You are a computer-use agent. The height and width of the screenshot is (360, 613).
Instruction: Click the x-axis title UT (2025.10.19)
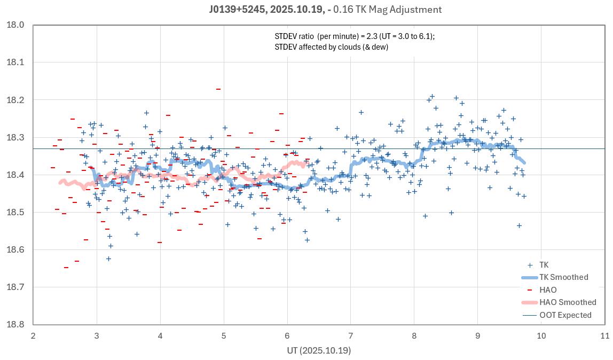click(x=318, y=350)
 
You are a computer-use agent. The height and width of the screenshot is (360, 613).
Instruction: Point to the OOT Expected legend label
click(x=565, y=315)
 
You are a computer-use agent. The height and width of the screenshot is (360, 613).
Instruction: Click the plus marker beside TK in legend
click(x=530, y=265)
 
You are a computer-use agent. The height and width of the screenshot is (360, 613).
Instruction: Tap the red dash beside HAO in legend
click(x=530, y=290)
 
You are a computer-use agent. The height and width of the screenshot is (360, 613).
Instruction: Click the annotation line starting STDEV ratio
click(x=355, y=36)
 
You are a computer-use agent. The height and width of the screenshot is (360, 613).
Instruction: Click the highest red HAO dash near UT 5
click(x=218, y=89)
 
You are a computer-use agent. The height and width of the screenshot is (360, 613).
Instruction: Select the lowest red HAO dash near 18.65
click(x=66, y=267)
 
